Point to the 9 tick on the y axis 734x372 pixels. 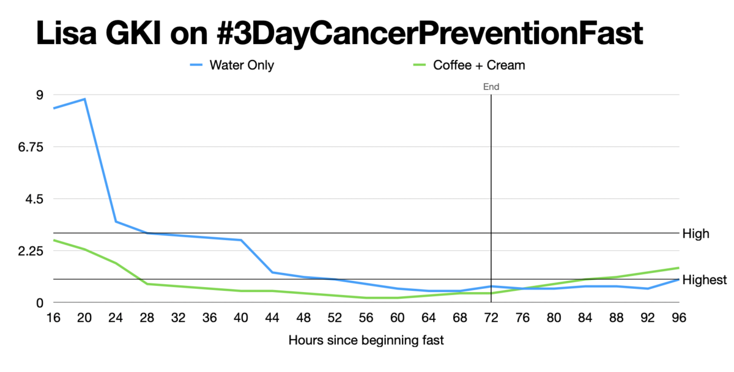40,95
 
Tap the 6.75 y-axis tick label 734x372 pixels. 32,147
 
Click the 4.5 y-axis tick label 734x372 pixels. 36,199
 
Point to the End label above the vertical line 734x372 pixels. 491,87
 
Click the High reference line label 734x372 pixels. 696,233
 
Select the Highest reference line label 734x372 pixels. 704,280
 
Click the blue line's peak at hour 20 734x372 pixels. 85,99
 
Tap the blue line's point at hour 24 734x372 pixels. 116,221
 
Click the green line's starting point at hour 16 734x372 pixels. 54,240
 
